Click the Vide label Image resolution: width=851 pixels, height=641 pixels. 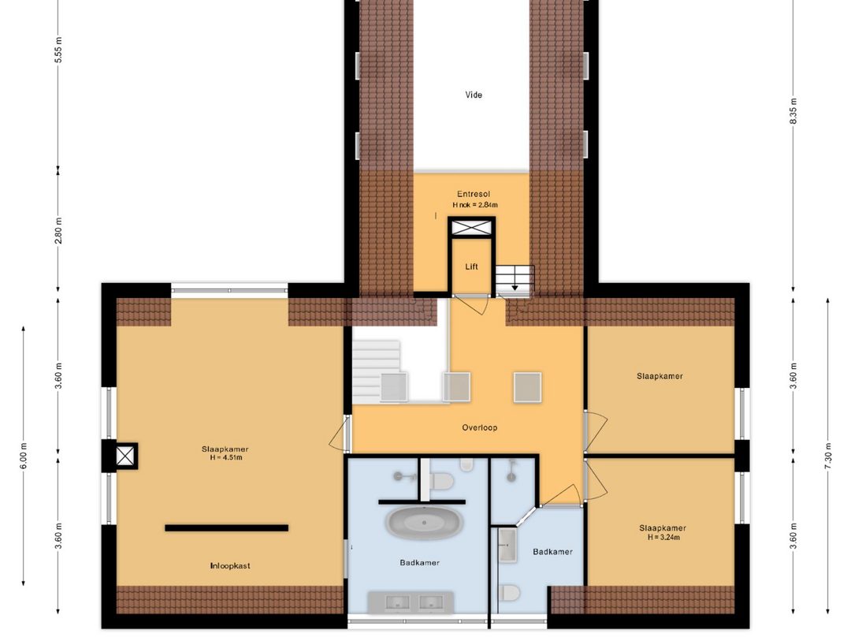point(474,95)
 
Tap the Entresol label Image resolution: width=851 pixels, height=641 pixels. point(474,194)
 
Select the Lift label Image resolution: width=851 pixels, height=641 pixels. point(472,266)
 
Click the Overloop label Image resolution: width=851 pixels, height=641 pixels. point(480,427)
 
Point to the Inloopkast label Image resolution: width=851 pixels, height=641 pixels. point(230,565)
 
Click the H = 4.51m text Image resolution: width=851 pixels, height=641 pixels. point(226,457)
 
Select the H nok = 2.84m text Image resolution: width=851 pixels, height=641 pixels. point(475,205)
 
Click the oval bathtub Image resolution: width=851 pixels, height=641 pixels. point(425,522)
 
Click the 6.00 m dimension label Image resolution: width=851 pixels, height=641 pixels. point(24,456)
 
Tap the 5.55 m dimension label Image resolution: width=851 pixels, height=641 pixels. point(58,50)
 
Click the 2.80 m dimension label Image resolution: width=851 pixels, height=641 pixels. point(58,230)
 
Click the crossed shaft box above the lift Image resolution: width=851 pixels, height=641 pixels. point(471,228)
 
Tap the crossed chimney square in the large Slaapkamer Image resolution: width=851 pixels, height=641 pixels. point(124,456)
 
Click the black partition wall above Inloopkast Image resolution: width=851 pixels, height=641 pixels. point(227,527)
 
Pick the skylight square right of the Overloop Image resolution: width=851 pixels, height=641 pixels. point(527,387)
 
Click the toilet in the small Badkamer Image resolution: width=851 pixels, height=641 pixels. point(509,593)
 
